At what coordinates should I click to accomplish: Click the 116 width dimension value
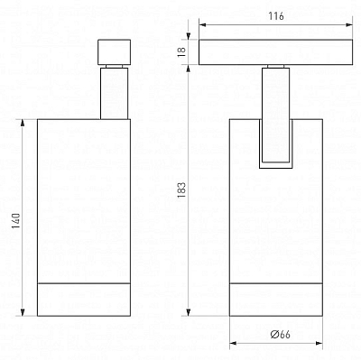pos(276,15)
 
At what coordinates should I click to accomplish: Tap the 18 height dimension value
pos(183,51)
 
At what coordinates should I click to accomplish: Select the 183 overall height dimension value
pos(182,190)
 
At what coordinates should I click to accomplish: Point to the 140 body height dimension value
pos(16,220)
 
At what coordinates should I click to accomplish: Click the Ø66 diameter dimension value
pos(281,335)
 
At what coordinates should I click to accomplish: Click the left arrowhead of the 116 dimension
pos(202,25)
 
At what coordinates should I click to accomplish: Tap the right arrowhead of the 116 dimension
pos(348,25)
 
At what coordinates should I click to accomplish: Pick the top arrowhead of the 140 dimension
pos(22,123)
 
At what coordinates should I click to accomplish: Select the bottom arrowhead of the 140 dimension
pos(22,312)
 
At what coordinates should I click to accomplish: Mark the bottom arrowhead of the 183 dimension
pos(188,312)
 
